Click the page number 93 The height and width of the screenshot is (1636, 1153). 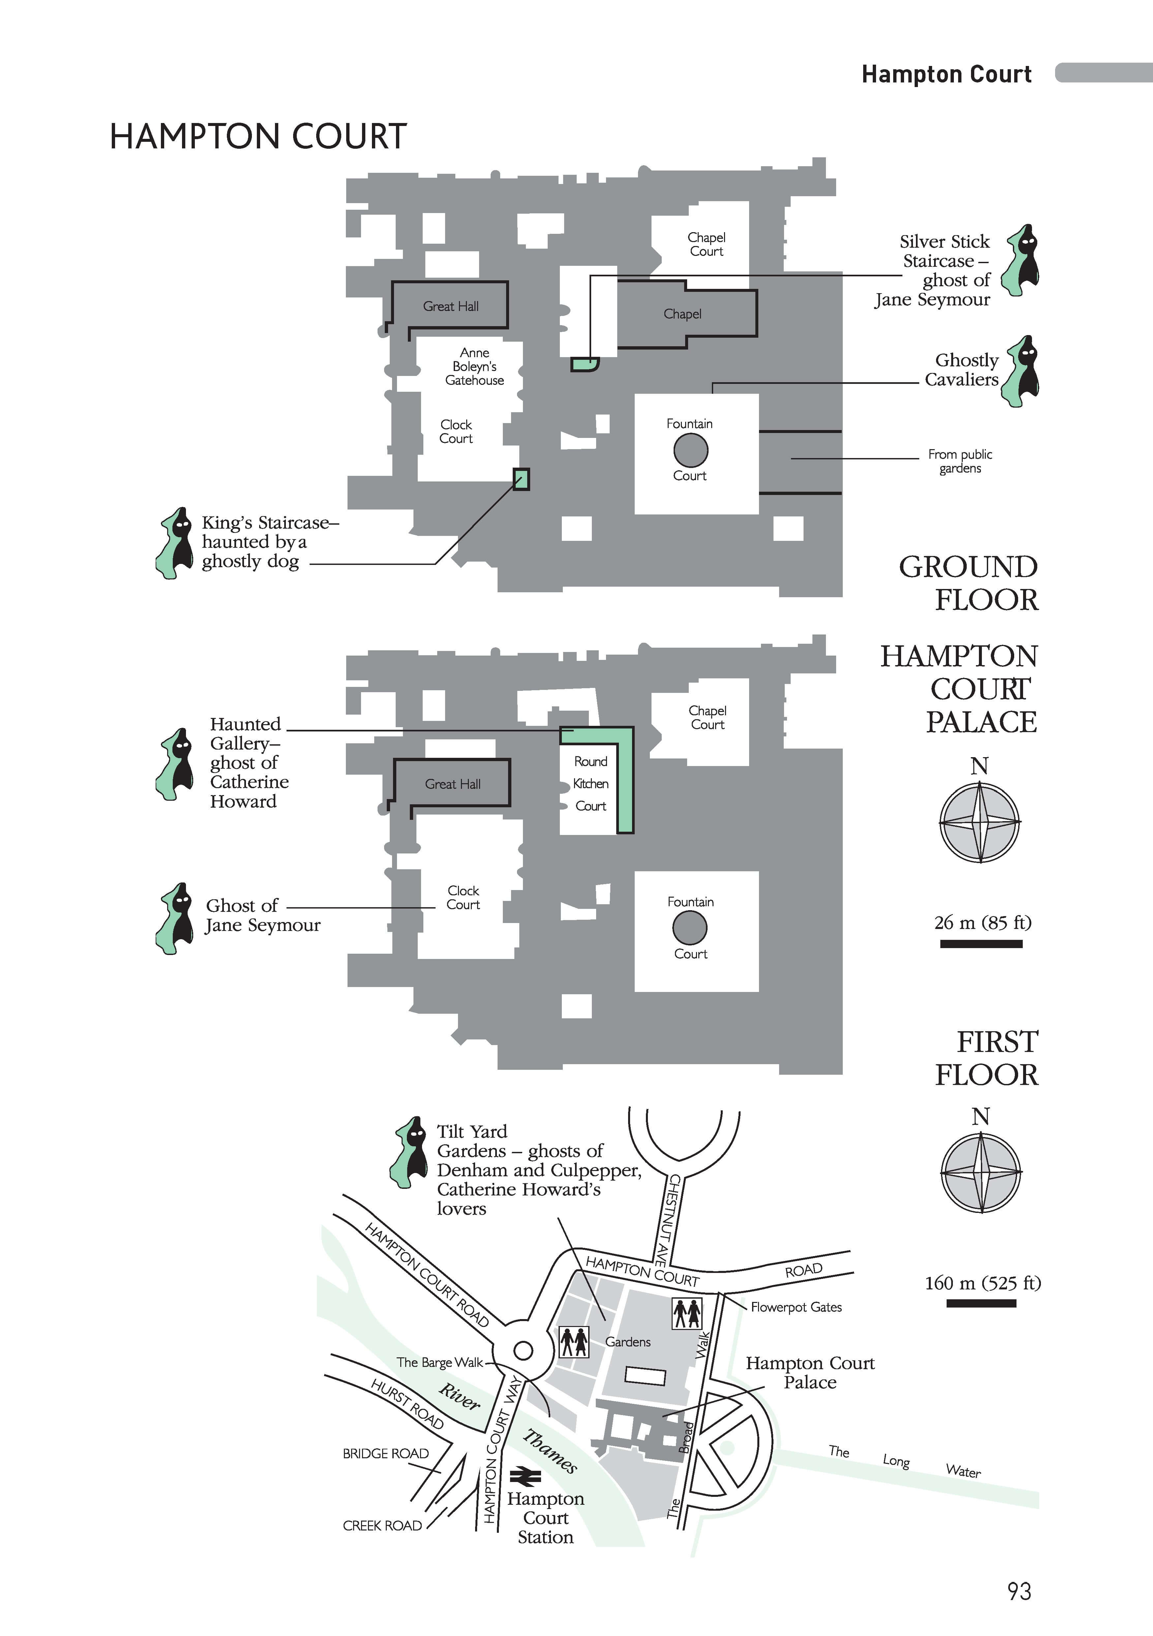[1019, 1591]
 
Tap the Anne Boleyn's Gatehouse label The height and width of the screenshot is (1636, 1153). [474, 366]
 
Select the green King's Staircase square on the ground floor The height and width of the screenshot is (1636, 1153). [522, 479]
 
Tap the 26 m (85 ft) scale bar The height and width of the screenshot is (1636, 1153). [981, 944]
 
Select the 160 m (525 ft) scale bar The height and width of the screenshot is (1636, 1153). [981, 1303]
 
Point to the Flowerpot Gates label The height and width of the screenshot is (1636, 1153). [796, 1307]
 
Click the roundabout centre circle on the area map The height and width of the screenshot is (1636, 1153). [523, 1350]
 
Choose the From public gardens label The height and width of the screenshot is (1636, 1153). [960, 461]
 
